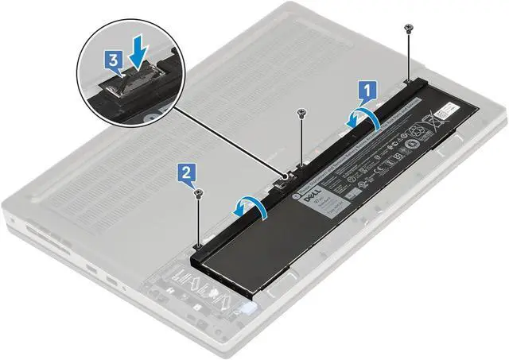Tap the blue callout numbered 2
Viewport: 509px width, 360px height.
[x=185, y=170]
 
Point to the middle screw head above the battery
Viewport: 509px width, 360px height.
[x=301, y=113]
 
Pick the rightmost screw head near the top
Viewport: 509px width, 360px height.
[x=408, y=28]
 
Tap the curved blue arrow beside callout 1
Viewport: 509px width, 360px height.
[x=361, y=117]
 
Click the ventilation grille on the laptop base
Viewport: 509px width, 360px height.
[x=159, y=159]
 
